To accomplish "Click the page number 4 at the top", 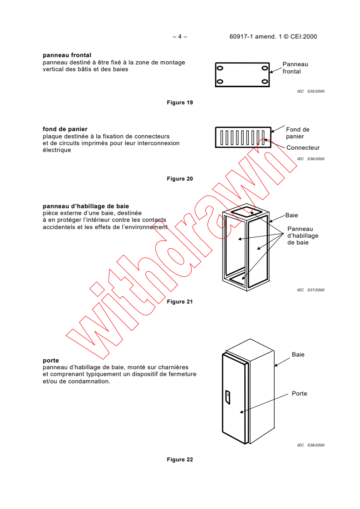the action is click(180, 37).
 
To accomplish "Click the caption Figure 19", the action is click(180, 103).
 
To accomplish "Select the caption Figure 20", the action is click(180, 179).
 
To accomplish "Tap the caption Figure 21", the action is click(180, 302).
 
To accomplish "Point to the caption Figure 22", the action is click(180, 460).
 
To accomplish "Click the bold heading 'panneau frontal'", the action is click(67, 55).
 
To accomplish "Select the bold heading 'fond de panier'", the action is click(65, 129).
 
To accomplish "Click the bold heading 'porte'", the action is click(51, 361).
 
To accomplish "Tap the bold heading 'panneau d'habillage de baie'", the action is click(86, 206).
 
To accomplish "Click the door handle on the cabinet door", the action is click(228, 397).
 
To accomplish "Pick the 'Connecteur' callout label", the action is click(303, 148).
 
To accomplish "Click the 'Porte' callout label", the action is click(299, 393).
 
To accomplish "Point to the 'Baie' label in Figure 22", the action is click(298, 354).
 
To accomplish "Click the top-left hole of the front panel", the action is click(220, 68).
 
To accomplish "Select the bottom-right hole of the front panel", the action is click(265, 82).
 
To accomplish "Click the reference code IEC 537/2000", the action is click(311, 290).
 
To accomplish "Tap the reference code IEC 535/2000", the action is click(311, 91).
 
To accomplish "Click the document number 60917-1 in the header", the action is click(241, 37).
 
